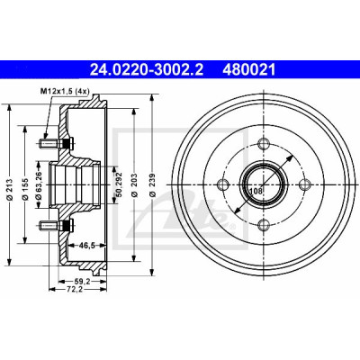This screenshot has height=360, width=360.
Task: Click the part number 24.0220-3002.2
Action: (147, 70)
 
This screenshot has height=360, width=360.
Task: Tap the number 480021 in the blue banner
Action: (248, 70)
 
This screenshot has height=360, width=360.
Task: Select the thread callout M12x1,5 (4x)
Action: (65, 91)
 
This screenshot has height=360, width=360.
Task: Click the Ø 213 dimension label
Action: (9, 190)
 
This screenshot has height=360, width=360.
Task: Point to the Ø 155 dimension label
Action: (25, 189)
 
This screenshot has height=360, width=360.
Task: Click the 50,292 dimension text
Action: (119, 184)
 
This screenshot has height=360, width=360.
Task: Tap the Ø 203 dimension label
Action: (134, 184)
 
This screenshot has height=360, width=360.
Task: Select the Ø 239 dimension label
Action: (153, 184)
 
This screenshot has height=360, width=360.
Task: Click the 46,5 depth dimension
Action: (87, 246)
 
